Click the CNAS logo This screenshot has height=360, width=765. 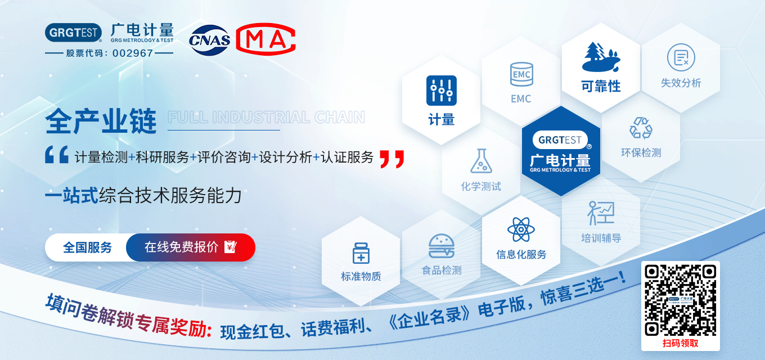209,40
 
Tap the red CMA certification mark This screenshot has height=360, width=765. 265,39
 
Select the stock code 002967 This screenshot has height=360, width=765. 133,53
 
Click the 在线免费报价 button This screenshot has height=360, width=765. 191,247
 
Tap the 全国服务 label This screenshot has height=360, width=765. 87,247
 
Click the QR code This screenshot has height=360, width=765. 680,300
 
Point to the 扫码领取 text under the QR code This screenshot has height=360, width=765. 680,343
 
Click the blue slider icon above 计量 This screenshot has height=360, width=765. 441,91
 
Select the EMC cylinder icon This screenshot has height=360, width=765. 521,74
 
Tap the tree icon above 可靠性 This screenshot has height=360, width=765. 601,57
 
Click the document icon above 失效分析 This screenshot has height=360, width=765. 681,57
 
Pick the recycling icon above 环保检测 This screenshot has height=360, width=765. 641,128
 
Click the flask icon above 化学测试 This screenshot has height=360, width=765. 481,161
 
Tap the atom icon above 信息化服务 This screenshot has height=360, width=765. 521,229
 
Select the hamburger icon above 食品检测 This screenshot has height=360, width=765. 442,246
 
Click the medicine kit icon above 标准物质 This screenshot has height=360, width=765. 361,253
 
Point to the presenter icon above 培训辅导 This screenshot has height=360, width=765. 601,213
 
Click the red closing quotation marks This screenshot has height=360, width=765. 392,159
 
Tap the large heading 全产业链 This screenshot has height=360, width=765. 101,121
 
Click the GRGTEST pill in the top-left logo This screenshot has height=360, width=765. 74,33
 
